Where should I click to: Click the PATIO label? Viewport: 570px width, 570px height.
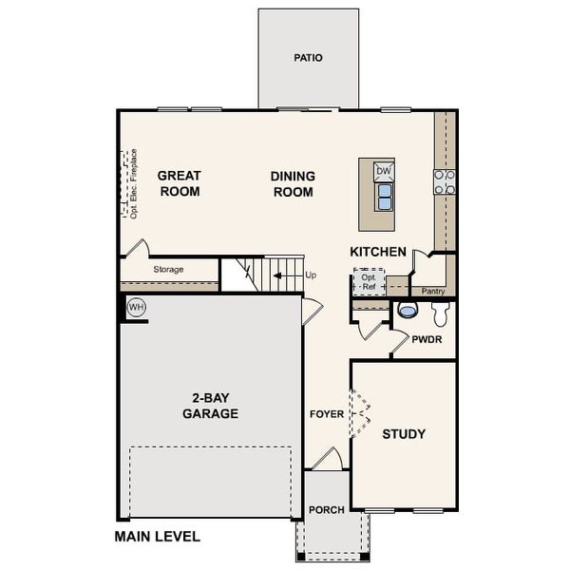[308, 58]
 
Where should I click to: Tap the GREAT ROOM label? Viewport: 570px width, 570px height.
[179, 183]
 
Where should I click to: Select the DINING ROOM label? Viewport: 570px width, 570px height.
[294, 183]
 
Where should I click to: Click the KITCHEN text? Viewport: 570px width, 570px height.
[378, 252]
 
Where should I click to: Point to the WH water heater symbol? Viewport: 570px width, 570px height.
[135, 307]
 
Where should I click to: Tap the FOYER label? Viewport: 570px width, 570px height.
[327, 414]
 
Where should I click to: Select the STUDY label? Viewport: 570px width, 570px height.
[404, 434]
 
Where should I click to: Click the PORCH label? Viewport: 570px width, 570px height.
[327, 510]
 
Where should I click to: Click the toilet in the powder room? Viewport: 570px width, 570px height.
[441, 313]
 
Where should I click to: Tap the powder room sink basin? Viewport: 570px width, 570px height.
[408, 310]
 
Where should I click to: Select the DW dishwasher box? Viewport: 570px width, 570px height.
[384, 171]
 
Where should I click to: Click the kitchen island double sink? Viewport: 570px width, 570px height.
[384, 197]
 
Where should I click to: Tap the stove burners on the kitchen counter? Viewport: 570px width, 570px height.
[444, 180]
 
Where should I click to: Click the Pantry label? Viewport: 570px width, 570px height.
[433, 291]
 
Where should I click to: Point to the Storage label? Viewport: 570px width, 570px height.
[168, 270]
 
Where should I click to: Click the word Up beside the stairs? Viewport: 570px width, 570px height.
[311, 275]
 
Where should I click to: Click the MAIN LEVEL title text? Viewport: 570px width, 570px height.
[158, 537]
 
